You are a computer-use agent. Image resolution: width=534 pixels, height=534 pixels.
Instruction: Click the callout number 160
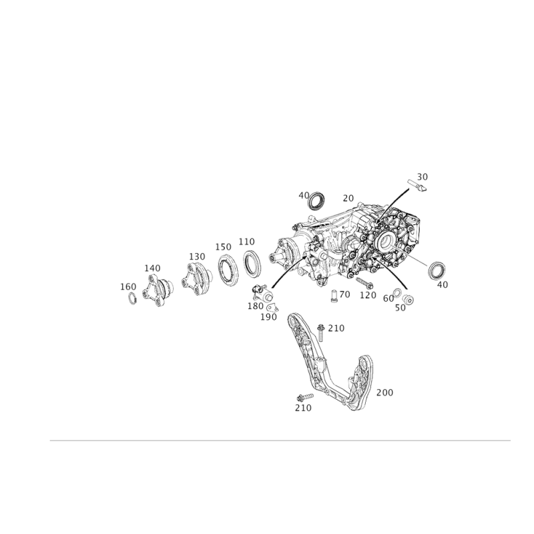pyautogui.click(x=128, y=287)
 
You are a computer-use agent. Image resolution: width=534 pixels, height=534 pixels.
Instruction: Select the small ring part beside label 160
pyautogui.click(x=132, y=298)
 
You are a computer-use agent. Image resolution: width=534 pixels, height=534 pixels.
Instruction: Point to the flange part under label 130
pyautogui.click(x=197, y=278)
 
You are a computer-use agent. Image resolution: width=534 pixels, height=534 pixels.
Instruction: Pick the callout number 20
pyautogui.click(x=348, y=198)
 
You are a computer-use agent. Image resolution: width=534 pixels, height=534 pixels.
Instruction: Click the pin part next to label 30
pyautogui.click(x=417, y=186)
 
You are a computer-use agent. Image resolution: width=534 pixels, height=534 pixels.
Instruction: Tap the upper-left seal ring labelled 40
pyautogui.click(x=316, y=202)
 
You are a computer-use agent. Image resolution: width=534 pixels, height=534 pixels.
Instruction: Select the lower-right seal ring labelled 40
pyautogui.click(x=437, y=270)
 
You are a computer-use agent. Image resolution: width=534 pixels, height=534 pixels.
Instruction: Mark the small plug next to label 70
pyautogui.click(x=334, y=296)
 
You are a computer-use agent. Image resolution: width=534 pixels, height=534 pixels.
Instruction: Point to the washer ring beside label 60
pyautogui.click(x=396, y=292)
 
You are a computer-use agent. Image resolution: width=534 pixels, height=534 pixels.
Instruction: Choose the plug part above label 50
pyautogui.click(x=408, y=300)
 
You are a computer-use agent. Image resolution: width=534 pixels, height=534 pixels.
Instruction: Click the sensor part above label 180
pyautogui.click(x=262, y=292)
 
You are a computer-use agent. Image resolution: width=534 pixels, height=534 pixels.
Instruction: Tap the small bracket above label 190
pyautogui.click(x=272, y=308)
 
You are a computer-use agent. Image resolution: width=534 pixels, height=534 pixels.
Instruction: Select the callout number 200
pyautogui.click(x=384, y=392)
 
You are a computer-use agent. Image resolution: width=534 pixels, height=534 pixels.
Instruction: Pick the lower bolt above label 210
pyautogui.click(x=305, y=397)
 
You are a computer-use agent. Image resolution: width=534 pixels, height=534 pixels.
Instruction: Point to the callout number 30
pyautogui.click(x=423, y=177)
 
